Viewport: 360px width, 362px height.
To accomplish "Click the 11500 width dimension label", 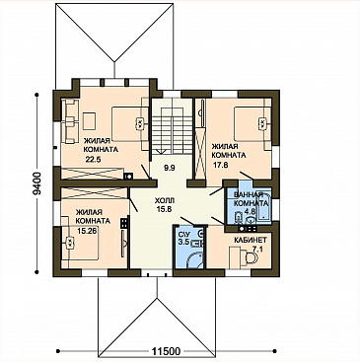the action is [x=166, y=351].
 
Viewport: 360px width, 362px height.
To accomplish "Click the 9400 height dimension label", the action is [x=37, y=183].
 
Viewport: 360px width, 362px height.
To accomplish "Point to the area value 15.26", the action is [x=87, y=231].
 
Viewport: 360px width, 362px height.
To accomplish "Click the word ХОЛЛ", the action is [x=163, y=200].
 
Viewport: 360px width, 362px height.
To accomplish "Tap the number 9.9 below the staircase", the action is [x=170, y=168].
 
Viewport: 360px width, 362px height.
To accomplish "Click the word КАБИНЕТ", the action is [x=251, y=239].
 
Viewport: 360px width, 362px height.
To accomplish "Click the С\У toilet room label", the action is [x=182, y=235].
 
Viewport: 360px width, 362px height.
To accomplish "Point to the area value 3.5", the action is [x=182, y=243].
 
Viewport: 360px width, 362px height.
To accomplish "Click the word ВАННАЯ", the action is [x=249, y=194].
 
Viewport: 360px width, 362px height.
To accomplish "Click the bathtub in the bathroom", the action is [x=264, y=207].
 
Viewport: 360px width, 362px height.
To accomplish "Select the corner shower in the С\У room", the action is [x=195, y=260].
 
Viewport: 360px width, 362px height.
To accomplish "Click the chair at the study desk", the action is [x=252, y=257].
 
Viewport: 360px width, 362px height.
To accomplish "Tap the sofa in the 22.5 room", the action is [x=70, y=121].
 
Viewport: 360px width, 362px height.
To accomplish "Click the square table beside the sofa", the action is [x=89, y=121].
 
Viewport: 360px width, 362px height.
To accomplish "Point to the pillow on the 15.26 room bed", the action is [x=70, y=244].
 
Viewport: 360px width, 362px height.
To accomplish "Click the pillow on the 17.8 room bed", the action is [x=262, y=124].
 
